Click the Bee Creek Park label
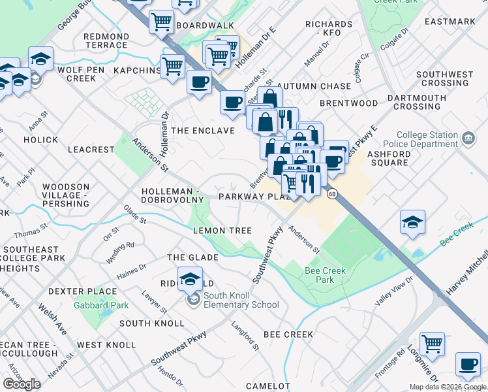click(x=325, y=275)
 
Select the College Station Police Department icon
click(x=467, y=139)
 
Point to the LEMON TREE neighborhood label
click(x=222, y=231)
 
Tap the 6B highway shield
click(x=331, y=194)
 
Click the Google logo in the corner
click(x=22, y=384)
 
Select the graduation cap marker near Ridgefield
click(x=190, y=279)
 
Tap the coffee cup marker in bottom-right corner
click(x=468, y=365)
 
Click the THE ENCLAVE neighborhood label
click(x=203, y=131)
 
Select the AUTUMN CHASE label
click(x=305, y=86)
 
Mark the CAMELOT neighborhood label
click(x=267, y=386)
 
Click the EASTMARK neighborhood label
click(x=450, y=22)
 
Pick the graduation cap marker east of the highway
click(x=412, y=222)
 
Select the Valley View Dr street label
click(x=394, y=290)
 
